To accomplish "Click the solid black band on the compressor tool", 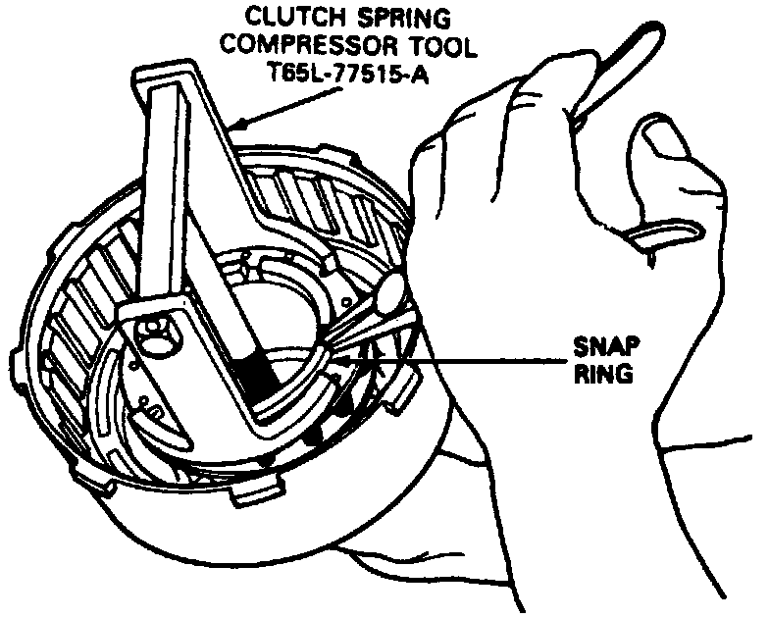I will pyautogui.click(x=258, y=378).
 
